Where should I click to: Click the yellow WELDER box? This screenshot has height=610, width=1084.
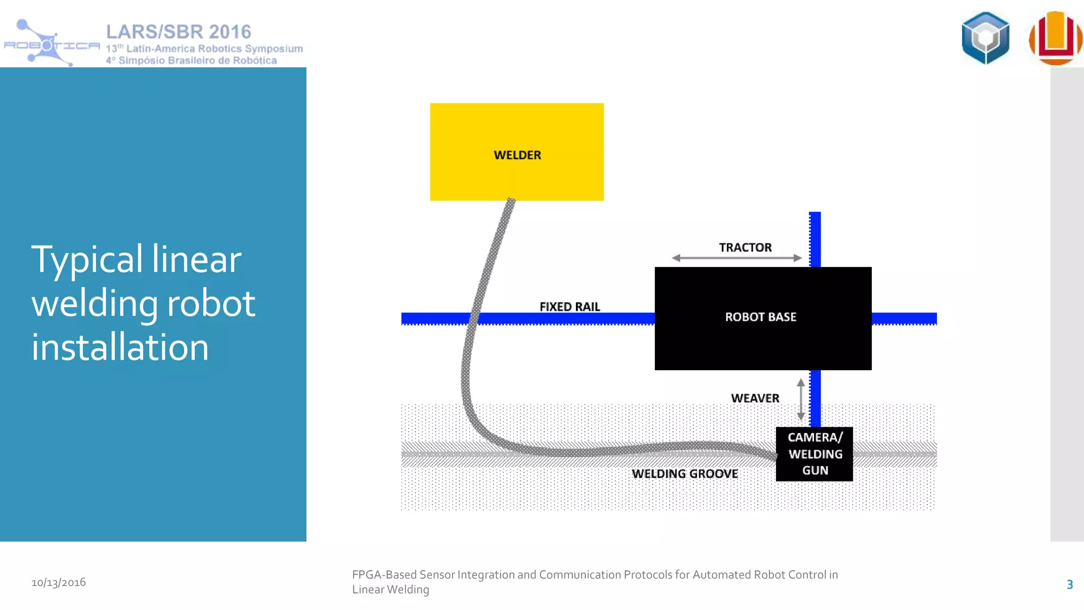point(517,151)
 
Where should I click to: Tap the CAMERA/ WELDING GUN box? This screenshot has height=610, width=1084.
point(814,454)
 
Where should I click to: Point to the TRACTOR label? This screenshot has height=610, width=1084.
point(745,247)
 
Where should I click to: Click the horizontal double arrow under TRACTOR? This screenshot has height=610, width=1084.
point(737,258)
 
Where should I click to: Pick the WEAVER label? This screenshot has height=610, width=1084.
point(755,398)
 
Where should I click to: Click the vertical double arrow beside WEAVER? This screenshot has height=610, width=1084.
point(801,399)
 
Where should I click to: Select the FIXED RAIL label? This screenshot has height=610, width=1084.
point(570,307)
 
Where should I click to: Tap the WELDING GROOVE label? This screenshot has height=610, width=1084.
point(684,473)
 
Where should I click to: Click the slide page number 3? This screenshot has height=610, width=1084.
point(1069,585)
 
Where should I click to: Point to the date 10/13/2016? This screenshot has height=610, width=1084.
point(59,582)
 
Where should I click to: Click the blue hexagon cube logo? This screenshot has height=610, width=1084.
point(985,38)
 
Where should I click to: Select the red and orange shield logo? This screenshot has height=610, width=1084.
point(1055,38)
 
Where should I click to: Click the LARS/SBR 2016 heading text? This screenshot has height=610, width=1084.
point(178,32)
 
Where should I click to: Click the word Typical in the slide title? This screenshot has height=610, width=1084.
point(87,259)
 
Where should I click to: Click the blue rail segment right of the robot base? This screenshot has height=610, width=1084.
point(904,318)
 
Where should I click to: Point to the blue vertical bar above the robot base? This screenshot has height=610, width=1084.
point(815,239)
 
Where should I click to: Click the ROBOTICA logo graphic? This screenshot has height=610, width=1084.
point(51,43)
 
